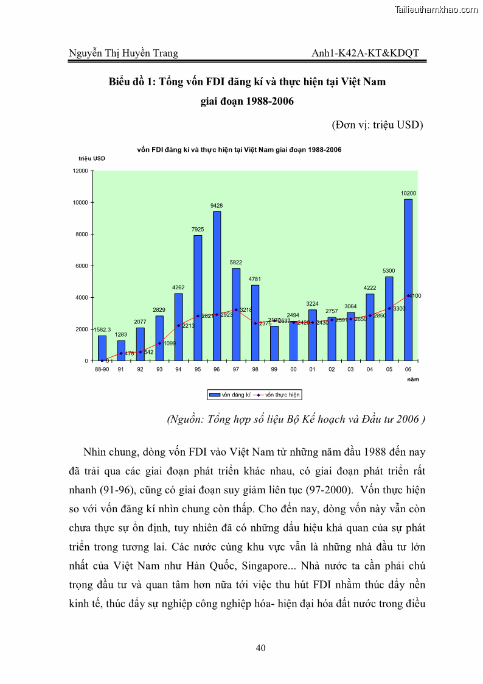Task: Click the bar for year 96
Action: (217, 286)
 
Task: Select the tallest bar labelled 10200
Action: (408, 280)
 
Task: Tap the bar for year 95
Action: (198, 298)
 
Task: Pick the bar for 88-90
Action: (102, 348)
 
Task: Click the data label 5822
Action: (236, 263)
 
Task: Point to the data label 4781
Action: (255, 279)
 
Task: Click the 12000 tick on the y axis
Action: (80, 171)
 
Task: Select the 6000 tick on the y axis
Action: (82, 266)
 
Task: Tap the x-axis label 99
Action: (274, 369)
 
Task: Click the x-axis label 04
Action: (370, 369)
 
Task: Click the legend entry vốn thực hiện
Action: (277, 395)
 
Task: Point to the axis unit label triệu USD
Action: (91, 158)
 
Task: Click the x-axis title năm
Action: (414, 379)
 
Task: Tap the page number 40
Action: (260, 648)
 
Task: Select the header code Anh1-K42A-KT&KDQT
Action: (365, 53)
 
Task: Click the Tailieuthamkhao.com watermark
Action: (436, 9)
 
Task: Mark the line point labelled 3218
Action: (236, 310)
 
